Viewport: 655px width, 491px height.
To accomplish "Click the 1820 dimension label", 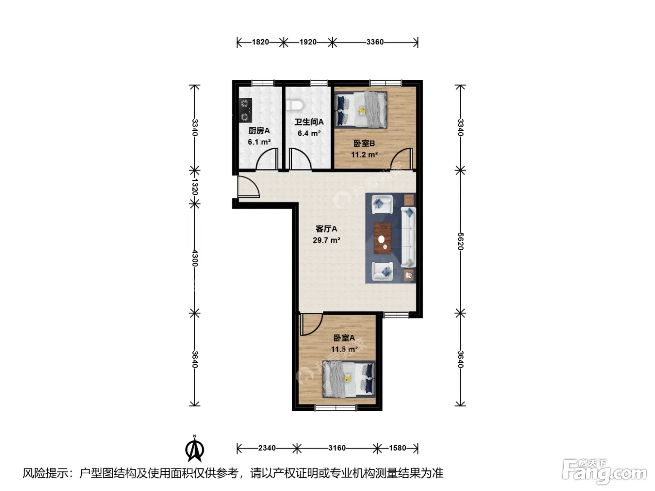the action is click(x=260, y=42).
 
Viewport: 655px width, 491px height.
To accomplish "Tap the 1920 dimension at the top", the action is click(x=308, y=42).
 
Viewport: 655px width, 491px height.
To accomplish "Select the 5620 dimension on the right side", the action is click(x=460, y=241).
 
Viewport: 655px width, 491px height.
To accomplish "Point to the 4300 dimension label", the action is click(x=195, y=258).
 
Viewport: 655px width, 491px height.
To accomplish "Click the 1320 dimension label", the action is click(x=195, y=187).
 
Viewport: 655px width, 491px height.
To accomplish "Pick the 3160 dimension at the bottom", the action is click(x=337, y=448).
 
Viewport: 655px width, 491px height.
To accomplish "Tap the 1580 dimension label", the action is click(x=398, y=448).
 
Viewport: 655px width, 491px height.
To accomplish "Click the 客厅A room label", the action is click(x=326, y=229).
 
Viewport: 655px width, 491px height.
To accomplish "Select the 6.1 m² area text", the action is click(x=259, y=142).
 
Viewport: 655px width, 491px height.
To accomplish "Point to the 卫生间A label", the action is click(x=309, y=122).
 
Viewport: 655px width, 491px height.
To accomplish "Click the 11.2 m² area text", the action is click(x=364, y=155).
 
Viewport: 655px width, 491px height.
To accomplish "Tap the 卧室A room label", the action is click(x=344, y=338).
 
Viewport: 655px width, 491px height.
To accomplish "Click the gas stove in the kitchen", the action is click(x=245, y=110).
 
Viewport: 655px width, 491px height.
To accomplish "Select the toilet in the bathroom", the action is click(x=295, y=105).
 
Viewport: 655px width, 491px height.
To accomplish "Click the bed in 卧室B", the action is click(x=361, y=110).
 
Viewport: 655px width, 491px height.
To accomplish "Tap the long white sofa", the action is click(x=408, y=237).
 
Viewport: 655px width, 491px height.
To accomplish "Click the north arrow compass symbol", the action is click(x=195, y=448).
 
